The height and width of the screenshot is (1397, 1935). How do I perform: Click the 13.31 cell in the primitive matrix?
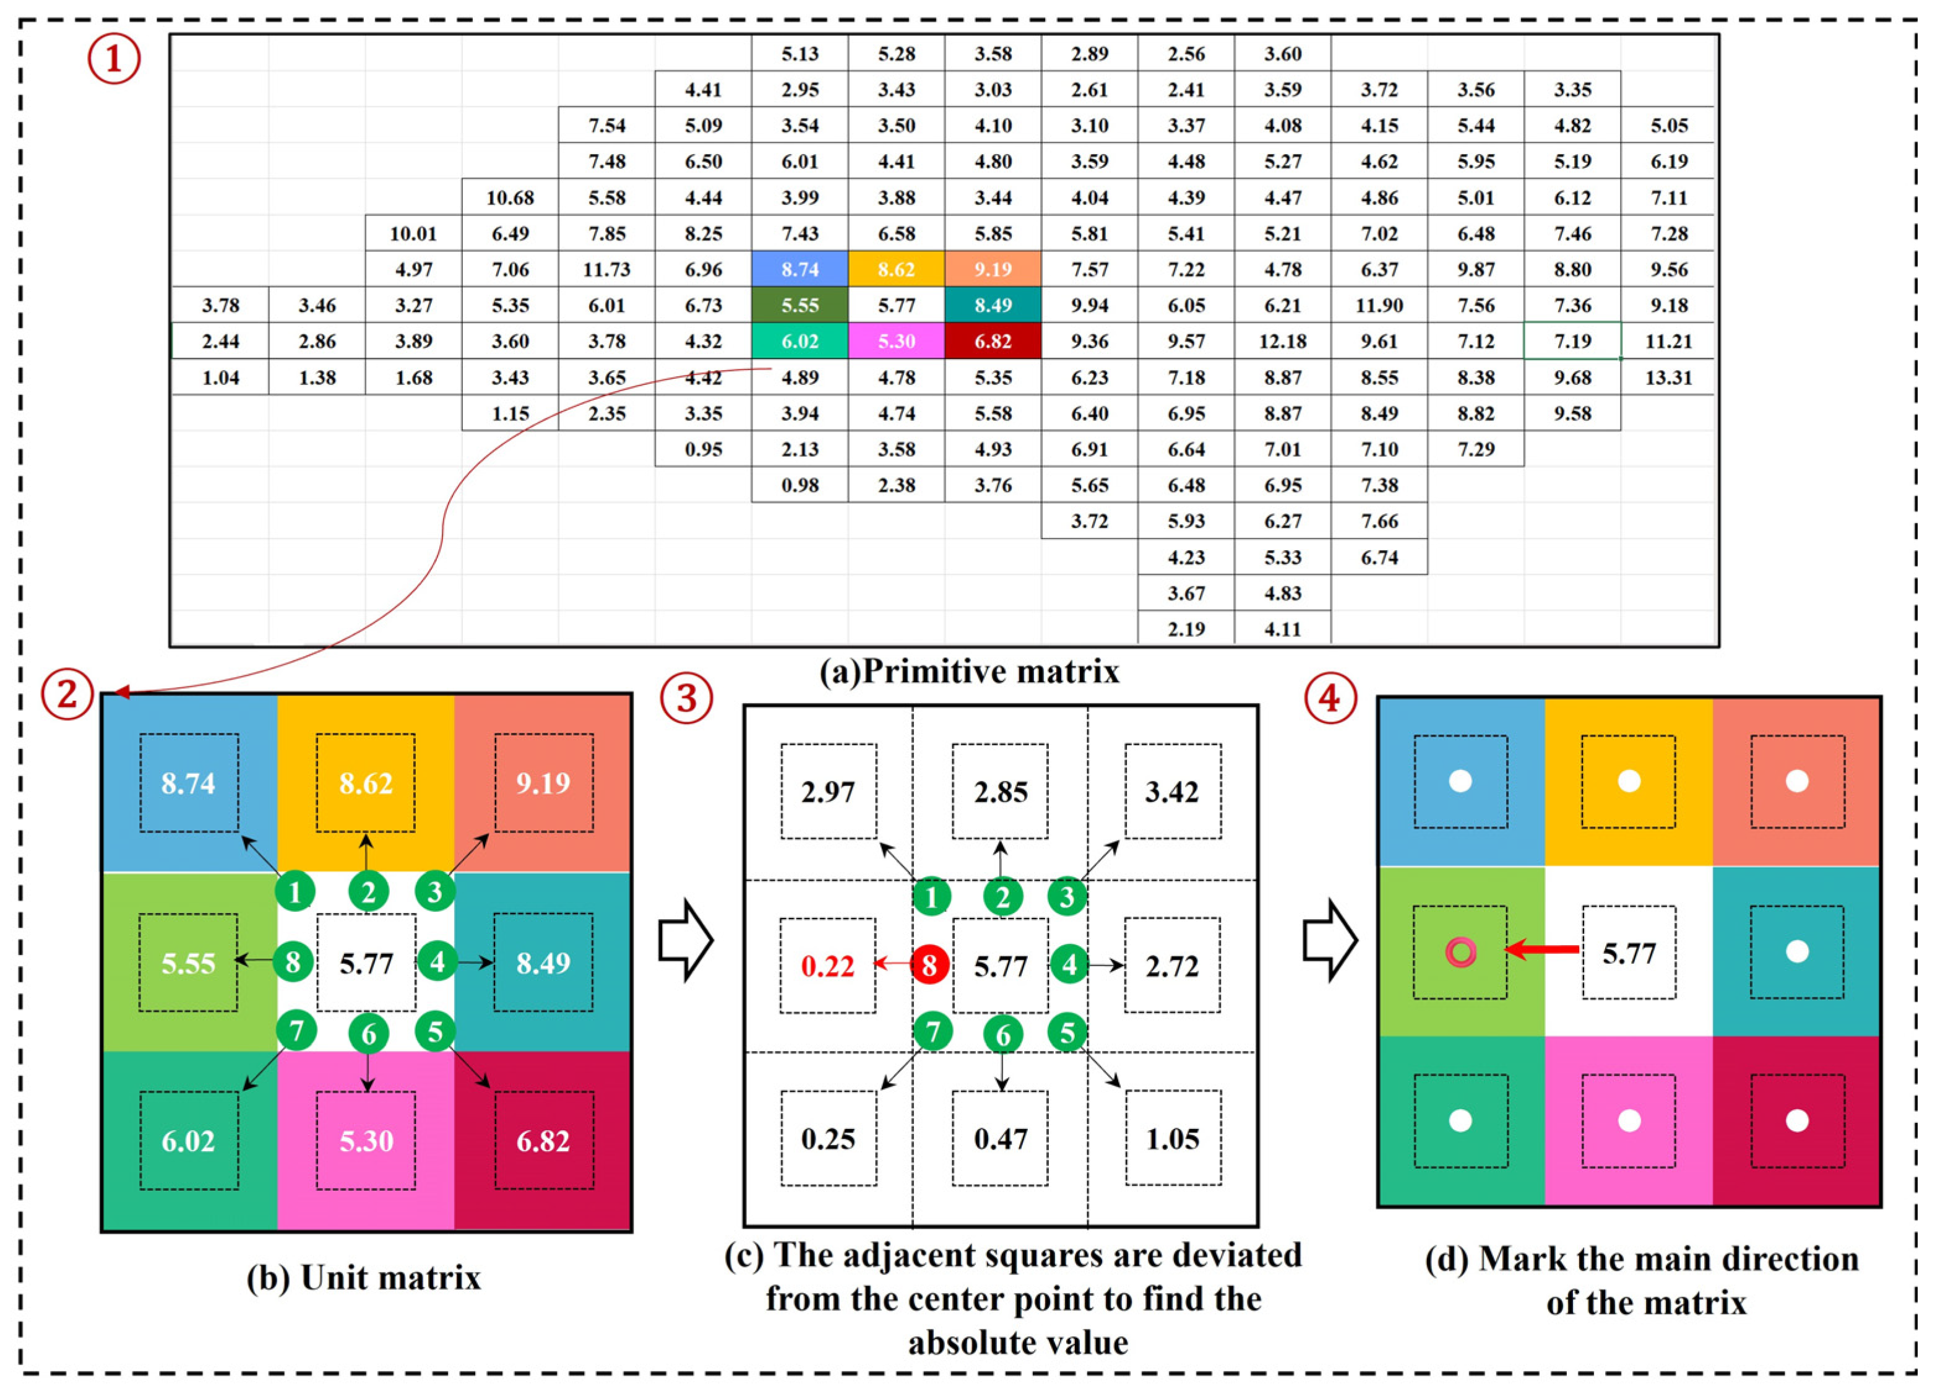(1668, 377)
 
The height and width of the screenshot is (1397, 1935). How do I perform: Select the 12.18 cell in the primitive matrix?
(1282, 341)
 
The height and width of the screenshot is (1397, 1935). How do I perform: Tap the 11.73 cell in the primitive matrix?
(606, 270)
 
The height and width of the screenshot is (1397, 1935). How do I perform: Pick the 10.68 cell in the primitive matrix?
(510, 198)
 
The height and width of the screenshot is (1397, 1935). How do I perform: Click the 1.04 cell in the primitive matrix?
(220, 377)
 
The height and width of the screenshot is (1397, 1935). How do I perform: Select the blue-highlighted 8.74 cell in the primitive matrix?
(799, 270)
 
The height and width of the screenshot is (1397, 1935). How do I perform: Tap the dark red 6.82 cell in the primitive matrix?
(992, 341)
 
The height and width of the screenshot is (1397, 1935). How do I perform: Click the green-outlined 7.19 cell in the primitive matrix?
(1572, 341)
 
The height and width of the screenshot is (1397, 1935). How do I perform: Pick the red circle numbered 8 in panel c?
(930, 965)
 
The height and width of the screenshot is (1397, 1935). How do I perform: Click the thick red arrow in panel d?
(1541, 949)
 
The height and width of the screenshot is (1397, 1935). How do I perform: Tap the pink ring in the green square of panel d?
(1460, 951)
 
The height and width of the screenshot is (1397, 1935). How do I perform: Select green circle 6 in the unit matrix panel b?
(369, 1034)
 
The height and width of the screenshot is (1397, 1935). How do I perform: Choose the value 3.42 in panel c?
(1172, 792)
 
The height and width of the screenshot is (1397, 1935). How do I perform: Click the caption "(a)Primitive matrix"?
(968, 672)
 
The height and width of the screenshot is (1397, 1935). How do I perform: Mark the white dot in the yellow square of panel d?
(1629, 781)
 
